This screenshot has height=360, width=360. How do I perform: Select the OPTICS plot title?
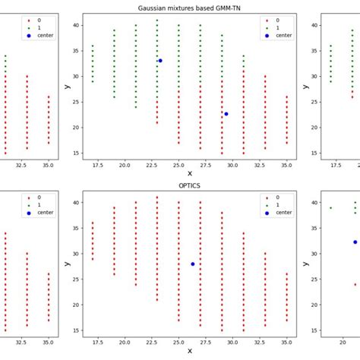(189, 184)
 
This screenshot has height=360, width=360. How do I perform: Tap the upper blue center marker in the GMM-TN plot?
(160, 61)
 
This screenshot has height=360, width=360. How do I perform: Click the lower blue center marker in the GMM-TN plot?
(226, 114)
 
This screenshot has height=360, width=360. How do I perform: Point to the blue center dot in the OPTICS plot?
(193, 264)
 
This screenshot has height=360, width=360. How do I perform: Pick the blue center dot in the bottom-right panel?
(355, 242)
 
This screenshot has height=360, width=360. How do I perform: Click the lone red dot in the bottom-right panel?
(355, 285)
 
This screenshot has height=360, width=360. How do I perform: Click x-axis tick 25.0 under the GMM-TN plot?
(178, 163)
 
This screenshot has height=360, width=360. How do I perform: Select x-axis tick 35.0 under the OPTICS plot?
(287, 340)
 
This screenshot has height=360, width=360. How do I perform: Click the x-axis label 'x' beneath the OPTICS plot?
(189, 351)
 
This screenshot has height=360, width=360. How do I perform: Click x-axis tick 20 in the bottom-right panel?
(343, 340)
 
